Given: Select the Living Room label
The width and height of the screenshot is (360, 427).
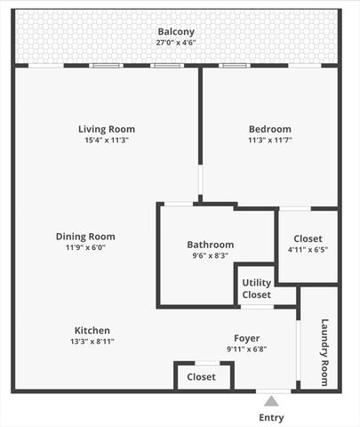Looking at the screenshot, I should tap(107, 129).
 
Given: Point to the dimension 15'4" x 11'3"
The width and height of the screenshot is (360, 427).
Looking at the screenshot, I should tap(107, 141).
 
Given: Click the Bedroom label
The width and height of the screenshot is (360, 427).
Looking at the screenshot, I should tap(269, 129).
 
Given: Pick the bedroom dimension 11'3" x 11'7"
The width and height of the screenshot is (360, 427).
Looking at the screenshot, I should tap(269, 141).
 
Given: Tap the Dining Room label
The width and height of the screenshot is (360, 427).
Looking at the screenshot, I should tap(85, 237).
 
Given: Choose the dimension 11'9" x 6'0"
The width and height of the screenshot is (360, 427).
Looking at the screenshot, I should tap(85, 248).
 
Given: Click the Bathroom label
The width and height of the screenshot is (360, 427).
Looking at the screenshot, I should tap(210, 245).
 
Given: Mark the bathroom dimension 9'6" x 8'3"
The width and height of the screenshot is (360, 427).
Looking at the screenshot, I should tap(210, 256).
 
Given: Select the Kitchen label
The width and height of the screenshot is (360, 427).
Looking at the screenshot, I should tap(92, 330).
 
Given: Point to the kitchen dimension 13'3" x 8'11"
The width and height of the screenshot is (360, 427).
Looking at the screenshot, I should tap(92, 342).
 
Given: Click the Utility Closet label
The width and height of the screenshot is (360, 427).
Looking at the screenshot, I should tap(256, 288).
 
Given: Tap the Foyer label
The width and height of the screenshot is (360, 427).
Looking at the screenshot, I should tap(246, 338).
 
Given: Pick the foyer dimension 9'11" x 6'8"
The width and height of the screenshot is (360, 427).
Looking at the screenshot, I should tap(246, 350).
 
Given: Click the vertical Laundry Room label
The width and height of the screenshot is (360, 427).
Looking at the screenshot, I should tap(324, 352).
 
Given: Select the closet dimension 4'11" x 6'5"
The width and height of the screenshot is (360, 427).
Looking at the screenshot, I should tap(308, 250).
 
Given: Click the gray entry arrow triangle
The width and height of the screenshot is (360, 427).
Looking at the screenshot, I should tap(271, 401).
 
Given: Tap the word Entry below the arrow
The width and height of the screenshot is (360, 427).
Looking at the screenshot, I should tap(271, 418).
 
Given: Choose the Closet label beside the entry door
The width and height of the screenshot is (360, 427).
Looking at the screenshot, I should tap(201, 377).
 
